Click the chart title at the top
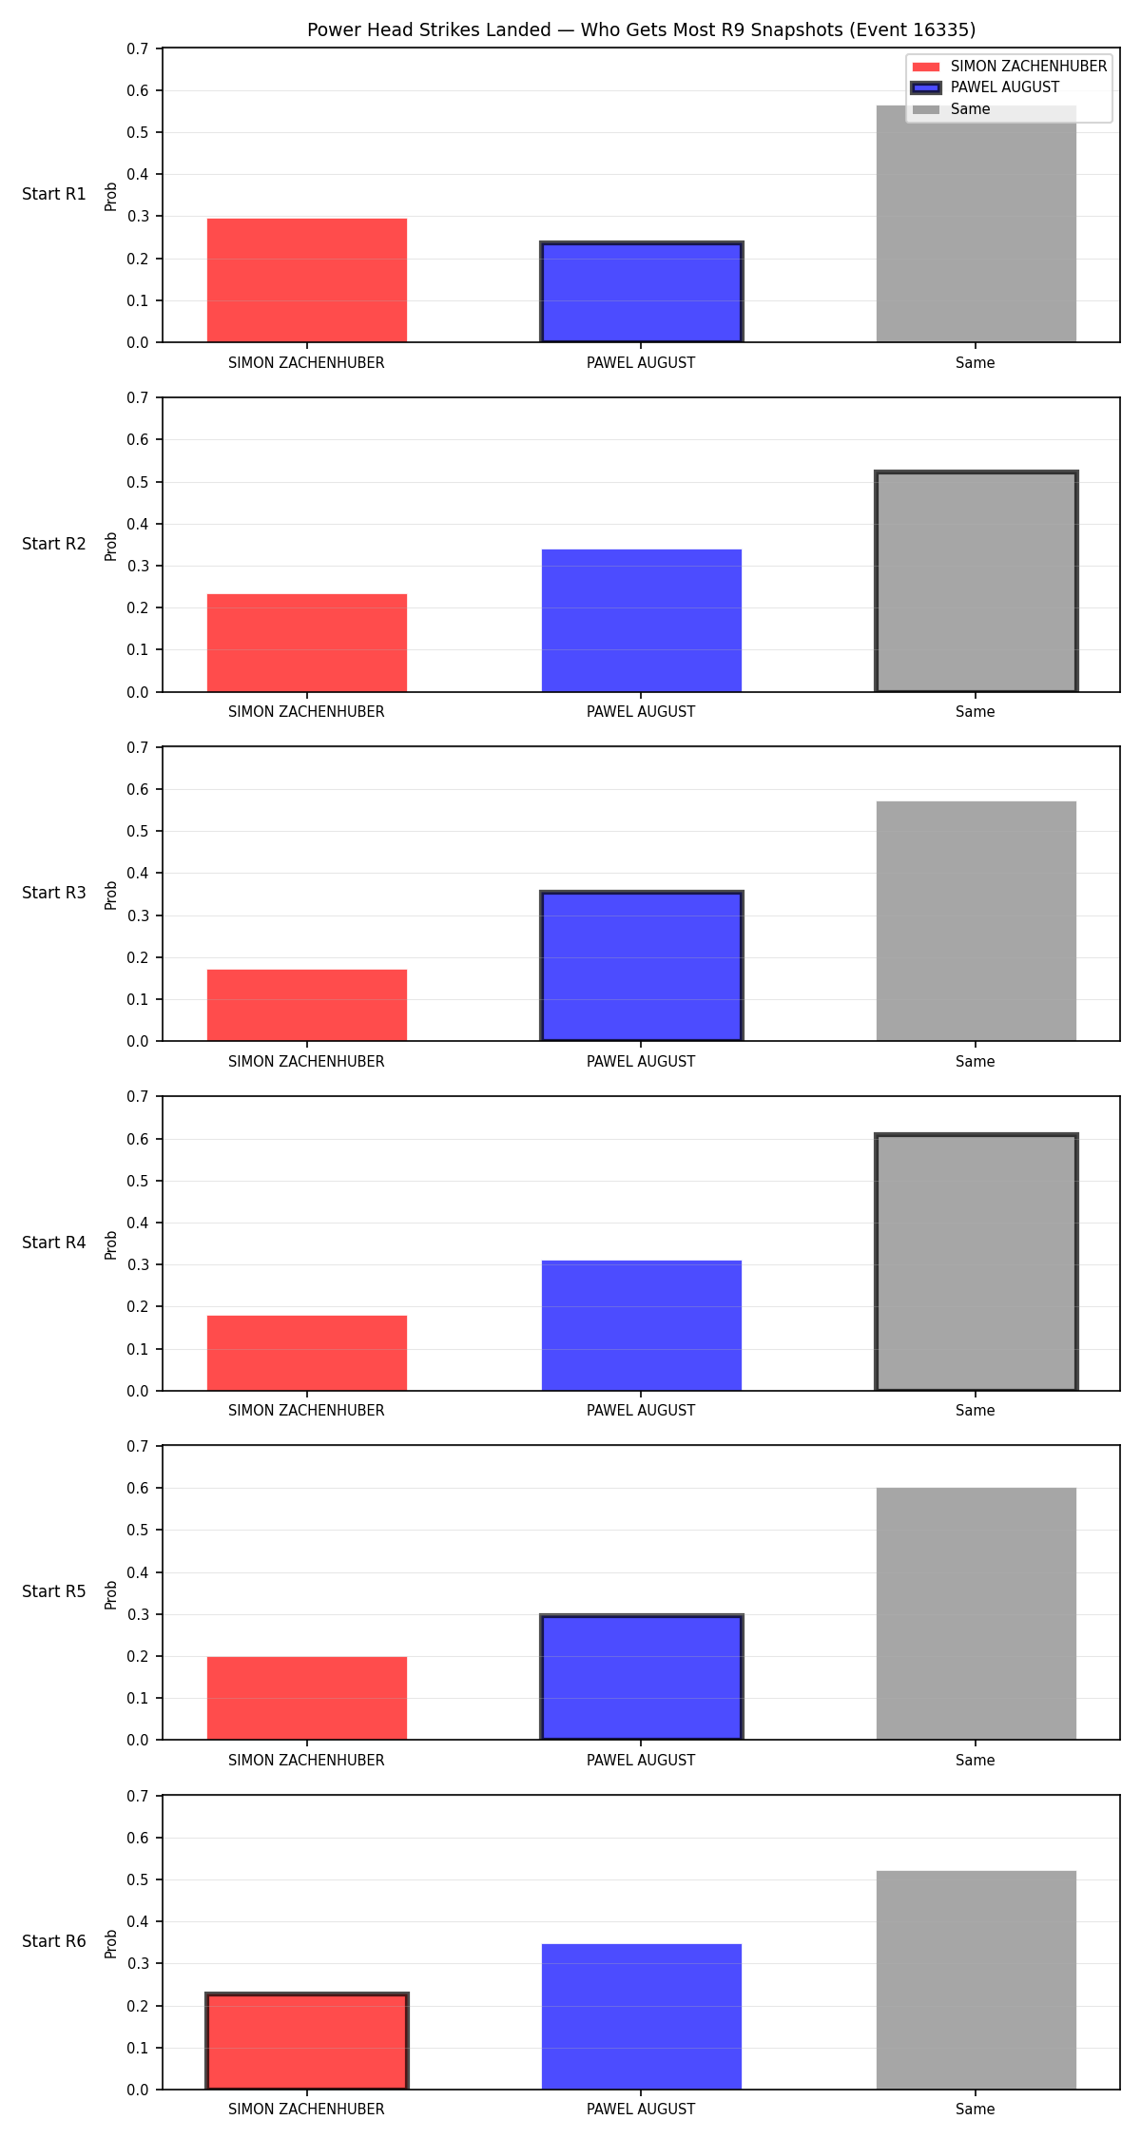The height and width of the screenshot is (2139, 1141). pos(641,29)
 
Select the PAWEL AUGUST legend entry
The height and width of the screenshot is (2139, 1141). pos(985,87)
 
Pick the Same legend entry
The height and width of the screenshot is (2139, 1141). pos(951,109)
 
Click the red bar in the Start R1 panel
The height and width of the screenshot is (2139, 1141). pos(307,280)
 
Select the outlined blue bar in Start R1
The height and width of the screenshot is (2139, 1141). pos(641,292)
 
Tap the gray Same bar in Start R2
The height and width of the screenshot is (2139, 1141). pos(976,582)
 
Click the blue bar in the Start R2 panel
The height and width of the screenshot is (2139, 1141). pos(641,621)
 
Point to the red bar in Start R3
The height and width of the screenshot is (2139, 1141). pos(307,1006)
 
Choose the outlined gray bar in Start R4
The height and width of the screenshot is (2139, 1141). pos(976,1262)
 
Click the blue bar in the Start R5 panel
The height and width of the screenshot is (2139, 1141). pos(641,1677)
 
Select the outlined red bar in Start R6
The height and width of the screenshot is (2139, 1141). pos(307,2041)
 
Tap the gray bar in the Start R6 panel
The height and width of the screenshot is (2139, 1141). pos(976,1980)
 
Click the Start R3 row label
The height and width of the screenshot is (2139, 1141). pos(54,893)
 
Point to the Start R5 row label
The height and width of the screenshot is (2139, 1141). pos(54,1591)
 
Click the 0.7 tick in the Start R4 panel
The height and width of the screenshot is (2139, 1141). pos(139,1097)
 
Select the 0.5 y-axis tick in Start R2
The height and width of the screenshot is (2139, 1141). pos(139,482)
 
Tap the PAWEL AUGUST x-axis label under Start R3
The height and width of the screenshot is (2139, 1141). pos(641,1061)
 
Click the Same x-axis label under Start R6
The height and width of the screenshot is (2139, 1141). pos(976,2110)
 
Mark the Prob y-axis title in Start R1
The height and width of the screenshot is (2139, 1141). pos(111,196)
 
